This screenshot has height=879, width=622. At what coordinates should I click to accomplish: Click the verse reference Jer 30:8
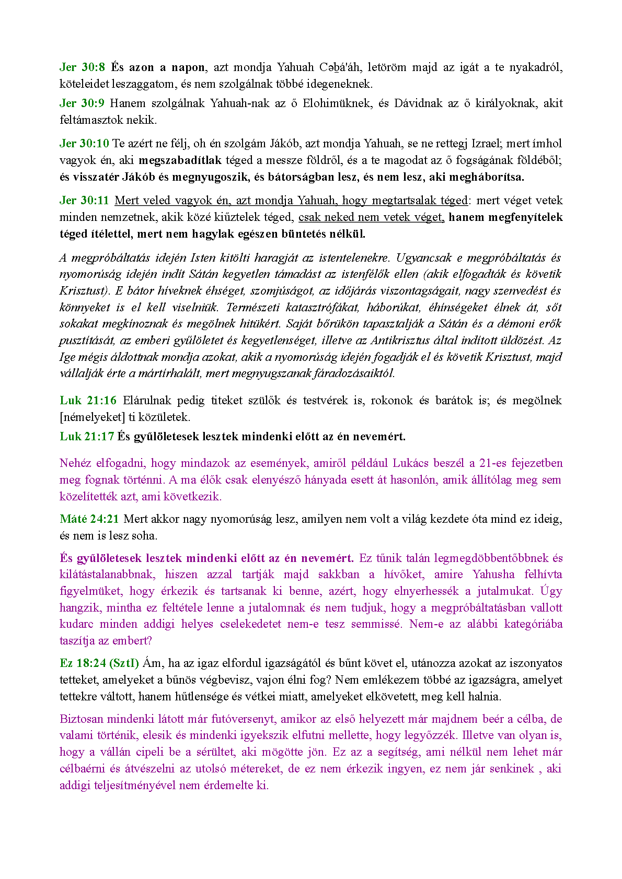(82, 67)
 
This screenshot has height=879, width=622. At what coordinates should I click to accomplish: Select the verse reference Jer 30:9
(82, 103)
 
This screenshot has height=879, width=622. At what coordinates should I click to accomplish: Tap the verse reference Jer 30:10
(84, 143)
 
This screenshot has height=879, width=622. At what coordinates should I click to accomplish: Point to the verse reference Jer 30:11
(84, 200)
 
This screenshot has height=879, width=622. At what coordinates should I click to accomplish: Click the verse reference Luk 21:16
(88, 400)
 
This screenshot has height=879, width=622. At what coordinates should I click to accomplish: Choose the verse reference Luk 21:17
(87, 436)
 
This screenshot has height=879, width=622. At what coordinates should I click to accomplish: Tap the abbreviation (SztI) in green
(124, 663)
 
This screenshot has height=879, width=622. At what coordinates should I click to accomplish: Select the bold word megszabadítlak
(180, 160)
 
